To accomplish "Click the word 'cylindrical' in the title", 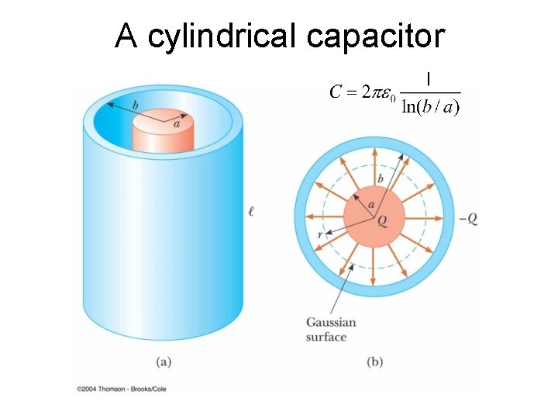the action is tap(225, 36).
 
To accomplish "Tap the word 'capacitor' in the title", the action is tap(375, 36).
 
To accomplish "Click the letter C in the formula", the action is tap(336, 92).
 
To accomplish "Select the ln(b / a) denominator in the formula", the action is tap(431, 107).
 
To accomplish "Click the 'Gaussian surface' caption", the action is tap(331, 329).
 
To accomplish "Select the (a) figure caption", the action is tap(164, 361).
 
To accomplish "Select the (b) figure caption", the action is tap(374, 361).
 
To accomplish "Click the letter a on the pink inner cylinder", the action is tap(177, 123).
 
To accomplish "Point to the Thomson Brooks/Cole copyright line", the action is tap(122, 388).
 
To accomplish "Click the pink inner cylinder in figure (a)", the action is tap(164, 136).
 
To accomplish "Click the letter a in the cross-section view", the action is tap(372, 205).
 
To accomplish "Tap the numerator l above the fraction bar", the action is tap(429, 78).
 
